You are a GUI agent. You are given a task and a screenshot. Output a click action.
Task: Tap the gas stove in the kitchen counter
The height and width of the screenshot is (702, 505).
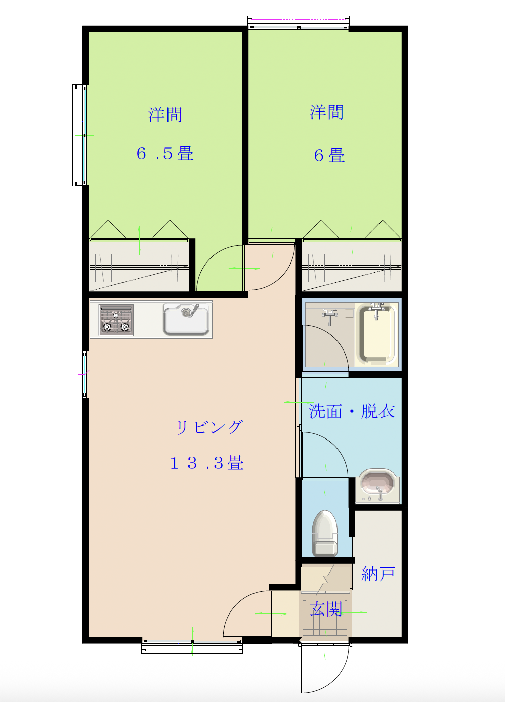click(116, 320)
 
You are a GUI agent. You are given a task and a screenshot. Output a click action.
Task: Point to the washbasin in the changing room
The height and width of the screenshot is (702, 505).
click(377, 485)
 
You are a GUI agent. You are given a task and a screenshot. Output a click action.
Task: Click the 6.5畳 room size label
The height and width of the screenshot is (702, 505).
click(165, 154)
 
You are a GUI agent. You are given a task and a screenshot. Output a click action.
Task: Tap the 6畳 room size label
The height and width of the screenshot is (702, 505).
click(329, 155)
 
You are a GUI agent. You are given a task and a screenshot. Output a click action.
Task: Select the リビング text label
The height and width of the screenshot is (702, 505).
click(209, 427)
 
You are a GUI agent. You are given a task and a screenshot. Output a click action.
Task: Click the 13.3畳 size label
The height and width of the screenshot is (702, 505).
click(207, 463)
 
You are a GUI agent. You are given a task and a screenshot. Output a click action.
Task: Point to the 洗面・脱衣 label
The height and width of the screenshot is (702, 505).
click(352, 411)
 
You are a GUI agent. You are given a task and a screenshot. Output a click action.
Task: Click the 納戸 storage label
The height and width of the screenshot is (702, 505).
click(378, 574)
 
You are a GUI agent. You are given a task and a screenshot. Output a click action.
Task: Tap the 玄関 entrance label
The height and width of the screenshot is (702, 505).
click(326, 609)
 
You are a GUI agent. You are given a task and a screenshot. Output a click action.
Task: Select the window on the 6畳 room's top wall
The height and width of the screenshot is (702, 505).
click(299, 23)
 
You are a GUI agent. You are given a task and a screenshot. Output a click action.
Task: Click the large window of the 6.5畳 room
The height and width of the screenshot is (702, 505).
click(80, 135)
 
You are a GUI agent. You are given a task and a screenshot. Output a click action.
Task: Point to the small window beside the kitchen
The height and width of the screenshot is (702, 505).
click(85, 374)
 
